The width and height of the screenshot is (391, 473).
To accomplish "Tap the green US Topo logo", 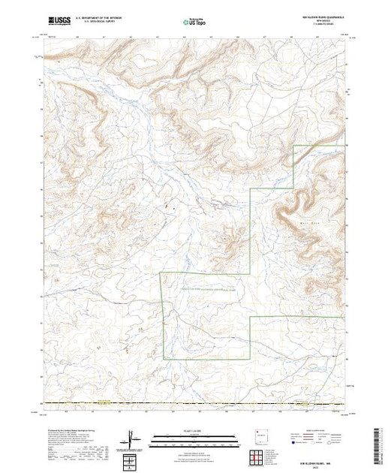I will [x=195, y=23].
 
